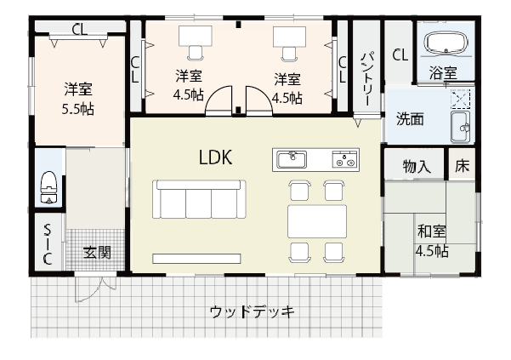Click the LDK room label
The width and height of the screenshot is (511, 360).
pos(216,157)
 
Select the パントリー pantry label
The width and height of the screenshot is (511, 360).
pos(366,77)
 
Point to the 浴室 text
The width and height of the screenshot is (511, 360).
pos(442,72)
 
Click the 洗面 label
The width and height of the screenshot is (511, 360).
pos(410,119)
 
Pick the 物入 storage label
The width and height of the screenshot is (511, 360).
pos(417,166)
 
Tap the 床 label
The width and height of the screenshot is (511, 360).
pos(462,166)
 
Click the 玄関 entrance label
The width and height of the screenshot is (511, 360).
pos(97,252)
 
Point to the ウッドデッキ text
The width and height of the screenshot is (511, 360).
pos(252,311)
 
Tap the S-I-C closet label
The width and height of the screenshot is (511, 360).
pos(48,247)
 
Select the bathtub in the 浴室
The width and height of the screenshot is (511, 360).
pos(445,45)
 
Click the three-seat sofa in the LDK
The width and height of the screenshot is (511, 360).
pos(199,201)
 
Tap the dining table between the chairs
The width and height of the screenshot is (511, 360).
pos(316,220)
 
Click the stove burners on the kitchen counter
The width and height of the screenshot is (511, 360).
pos(344,159)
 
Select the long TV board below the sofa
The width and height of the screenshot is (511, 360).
pos(198,258)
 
